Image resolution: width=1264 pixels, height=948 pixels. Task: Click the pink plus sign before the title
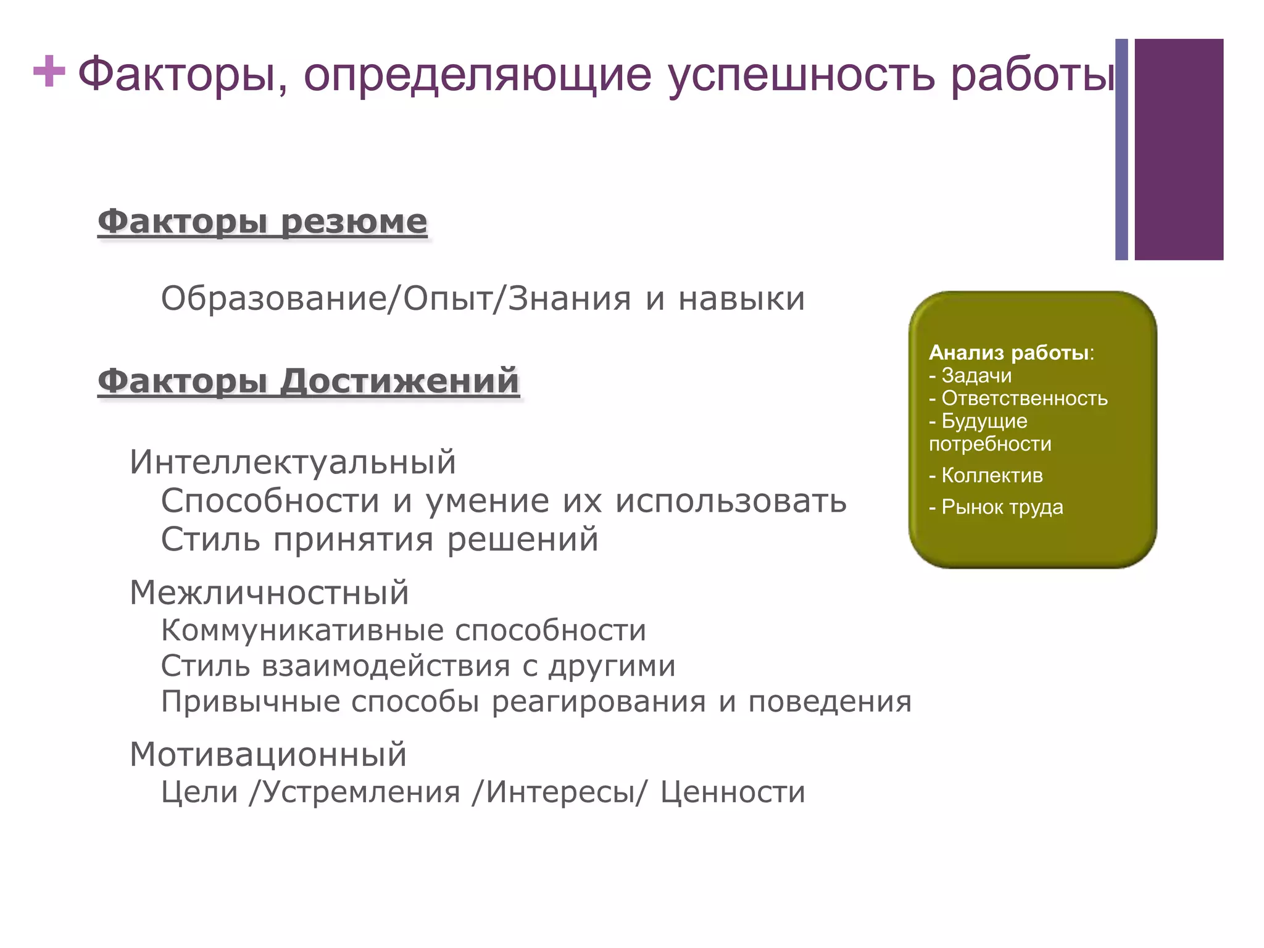49,72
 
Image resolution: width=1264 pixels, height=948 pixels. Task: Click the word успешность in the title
802,75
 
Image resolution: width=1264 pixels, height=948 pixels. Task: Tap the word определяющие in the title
477,75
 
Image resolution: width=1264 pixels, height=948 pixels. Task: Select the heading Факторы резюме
262,222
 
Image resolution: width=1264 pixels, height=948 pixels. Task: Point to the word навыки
741,299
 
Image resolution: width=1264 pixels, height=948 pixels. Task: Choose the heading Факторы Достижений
309,380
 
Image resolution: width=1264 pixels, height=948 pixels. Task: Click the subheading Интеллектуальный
293,462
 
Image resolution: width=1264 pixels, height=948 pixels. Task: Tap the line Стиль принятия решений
380,539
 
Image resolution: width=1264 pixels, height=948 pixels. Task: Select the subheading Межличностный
269,592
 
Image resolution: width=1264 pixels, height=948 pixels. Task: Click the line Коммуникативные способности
404,630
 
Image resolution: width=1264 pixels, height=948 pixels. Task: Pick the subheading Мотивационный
268,754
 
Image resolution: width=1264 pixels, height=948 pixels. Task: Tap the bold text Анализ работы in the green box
1008,352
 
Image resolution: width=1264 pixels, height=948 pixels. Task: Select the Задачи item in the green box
976,375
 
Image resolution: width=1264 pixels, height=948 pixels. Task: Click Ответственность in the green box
1024,398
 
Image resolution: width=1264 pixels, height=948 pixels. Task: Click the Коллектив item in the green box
992,475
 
